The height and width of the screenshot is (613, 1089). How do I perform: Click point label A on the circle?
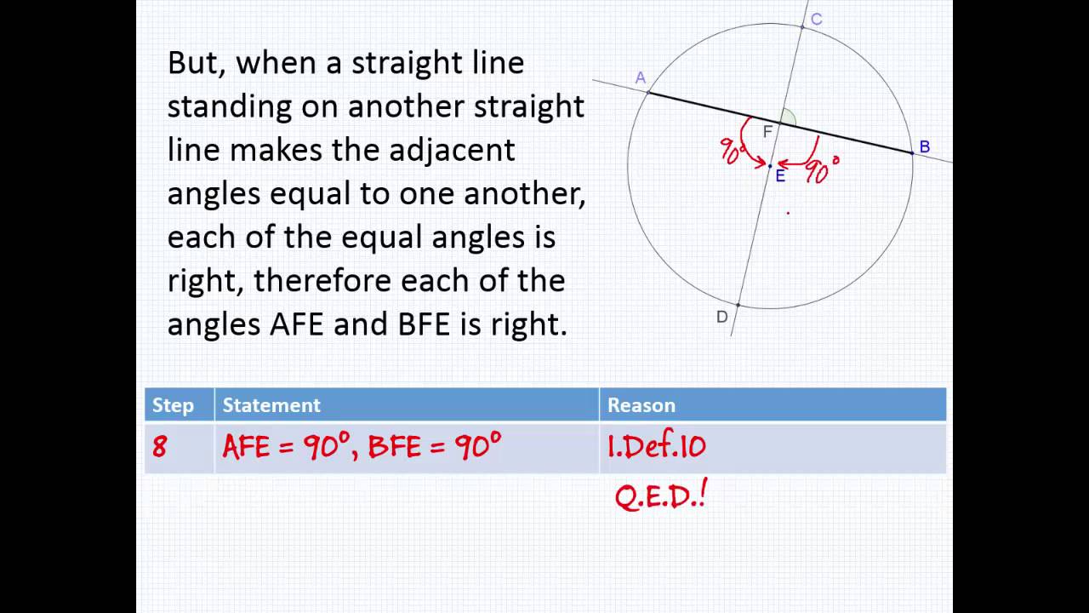tap(641, 78)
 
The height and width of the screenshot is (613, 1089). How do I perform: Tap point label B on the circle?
tap(924, 146)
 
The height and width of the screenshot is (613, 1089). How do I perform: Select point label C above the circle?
tap(816, 20)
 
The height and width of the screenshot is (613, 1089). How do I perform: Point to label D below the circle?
tap(721, 318)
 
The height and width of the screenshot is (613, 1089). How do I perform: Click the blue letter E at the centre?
tap(780, 176)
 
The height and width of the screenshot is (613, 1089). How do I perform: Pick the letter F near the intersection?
tap(767, 132)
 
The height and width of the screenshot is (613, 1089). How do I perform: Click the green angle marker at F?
tap(790, 118)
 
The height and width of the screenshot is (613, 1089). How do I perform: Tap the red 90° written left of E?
tap(733, 152)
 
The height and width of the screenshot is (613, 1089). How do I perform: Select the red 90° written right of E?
tap(822, 169)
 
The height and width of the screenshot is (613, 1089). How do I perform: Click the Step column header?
tap(173, 405)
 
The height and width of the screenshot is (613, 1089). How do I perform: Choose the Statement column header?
tap(271, 405)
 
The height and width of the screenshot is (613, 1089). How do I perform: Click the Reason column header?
tap(641, 405)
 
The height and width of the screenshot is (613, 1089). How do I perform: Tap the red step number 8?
tap(159, 447)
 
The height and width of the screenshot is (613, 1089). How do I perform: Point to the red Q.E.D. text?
tap(660, 496)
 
